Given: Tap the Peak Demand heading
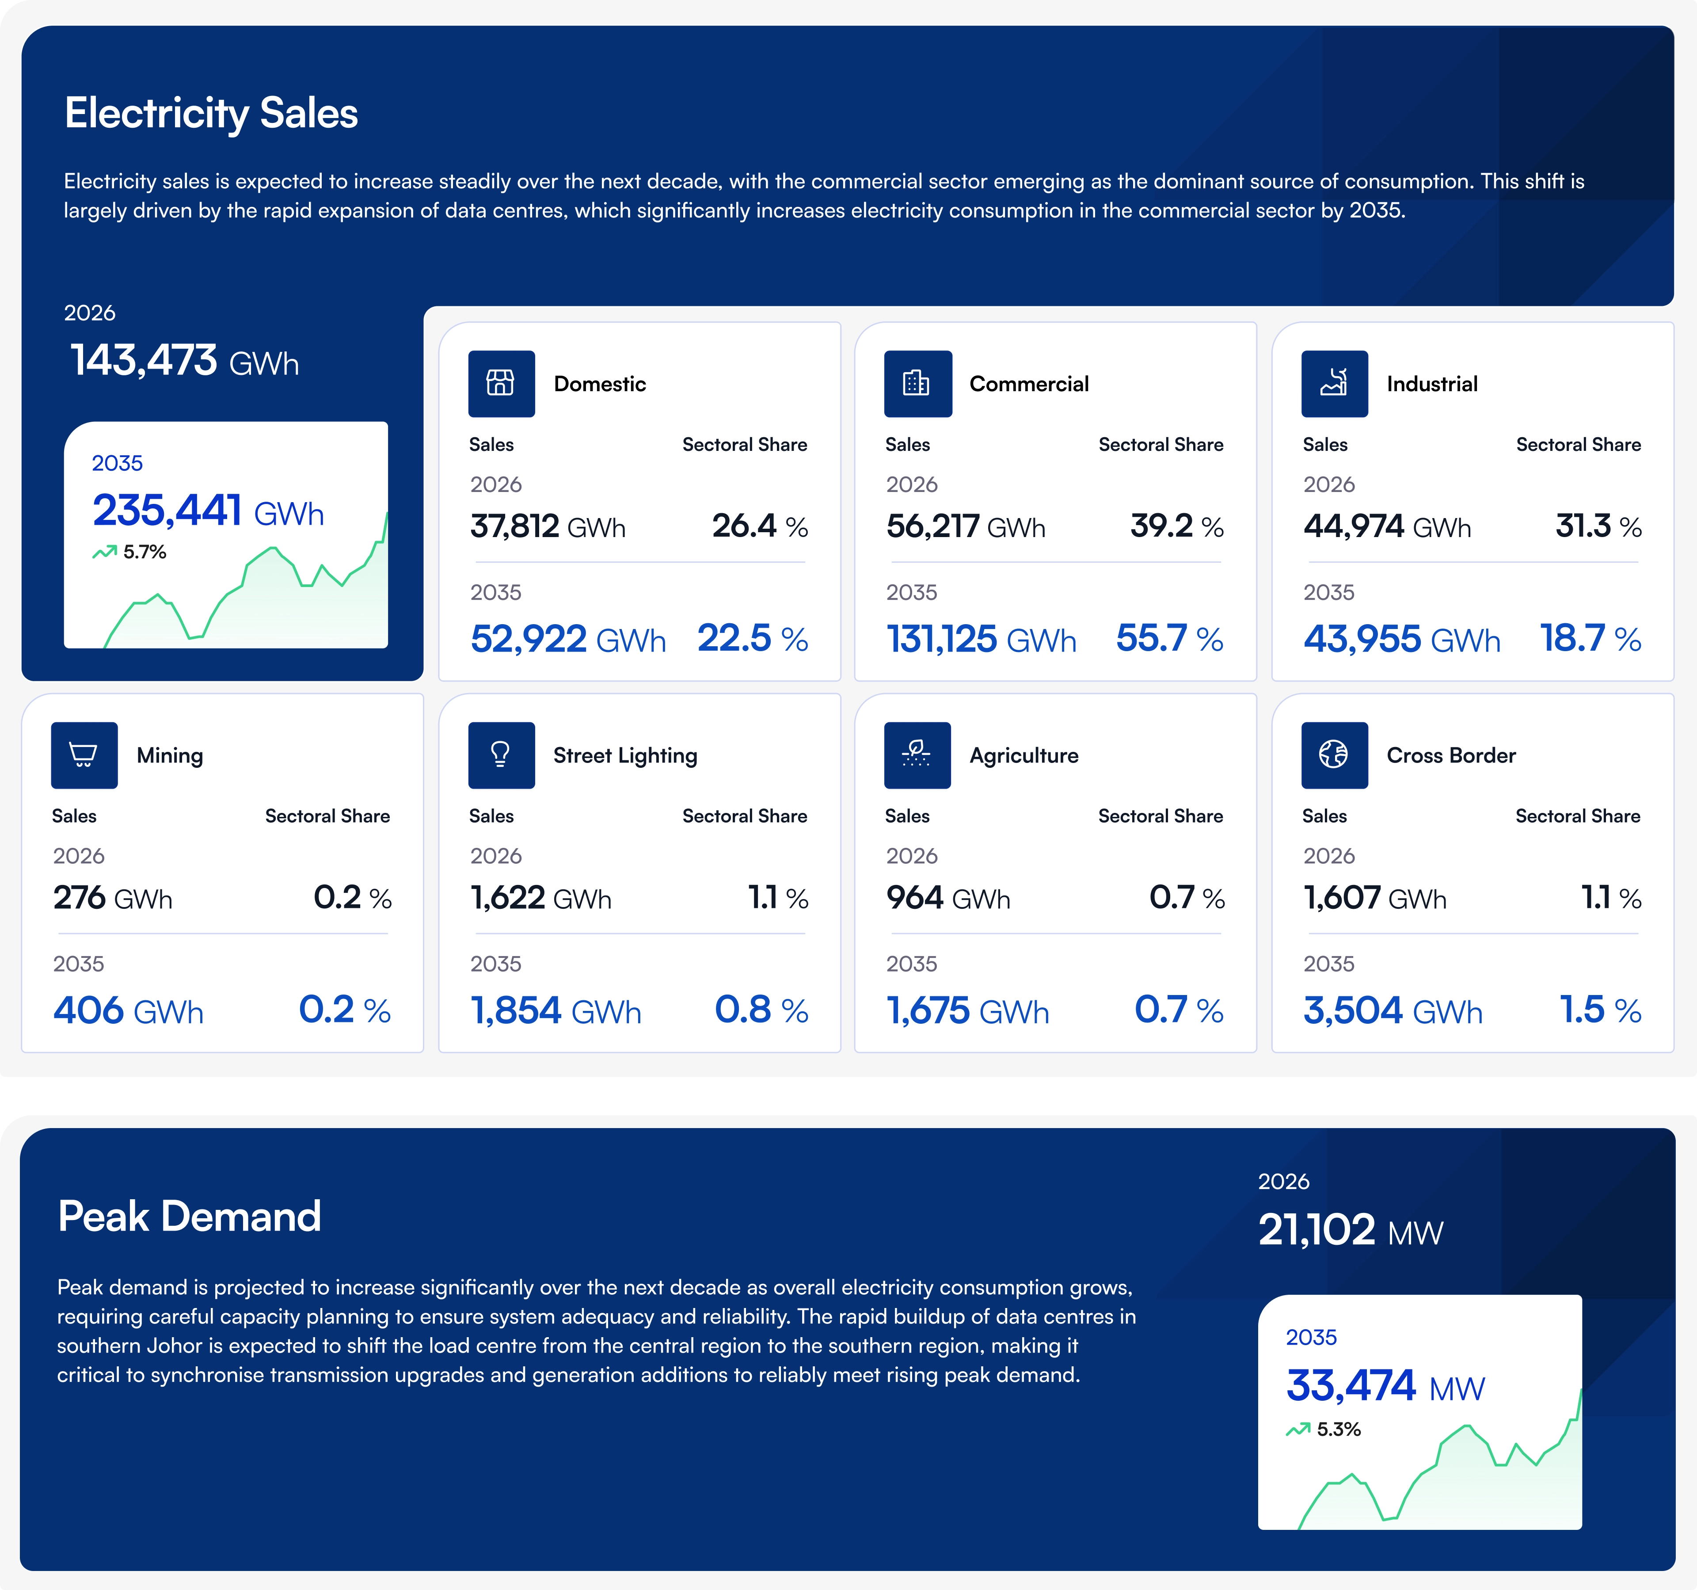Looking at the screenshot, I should tap(190, 1216).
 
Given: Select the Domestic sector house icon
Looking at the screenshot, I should tap(501, 383).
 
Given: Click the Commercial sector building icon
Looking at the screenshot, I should tap(917, 383).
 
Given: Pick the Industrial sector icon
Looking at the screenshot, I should tap(1334, 383).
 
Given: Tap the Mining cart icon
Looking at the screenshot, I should tap(84, 755).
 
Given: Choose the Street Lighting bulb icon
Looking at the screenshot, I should tap(501, 755).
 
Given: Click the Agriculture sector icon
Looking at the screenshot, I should tap(917, 755).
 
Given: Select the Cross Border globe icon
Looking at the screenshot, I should tap(1334, 755).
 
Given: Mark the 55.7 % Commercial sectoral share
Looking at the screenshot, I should tap(1169, 639).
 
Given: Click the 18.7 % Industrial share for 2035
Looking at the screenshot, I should tap(1590, 639).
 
